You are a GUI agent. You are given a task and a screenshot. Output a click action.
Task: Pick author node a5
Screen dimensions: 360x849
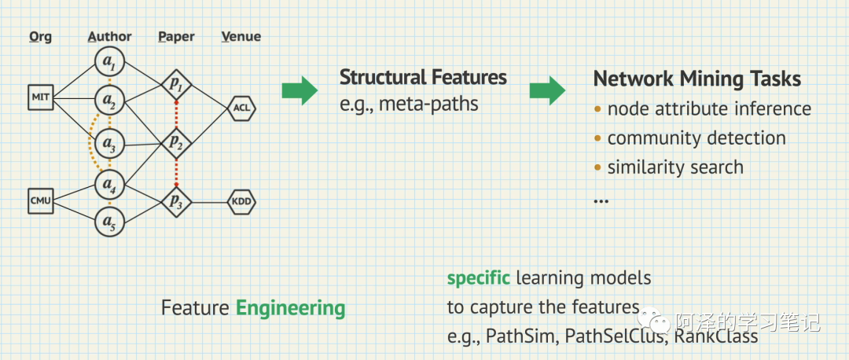(x=109, y=223)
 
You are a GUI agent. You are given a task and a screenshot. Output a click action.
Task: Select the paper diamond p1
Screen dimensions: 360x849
(x=176, y=83)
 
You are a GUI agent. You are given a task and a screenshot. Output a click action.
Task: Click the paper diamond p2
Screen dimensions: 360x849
(x=176, y=141)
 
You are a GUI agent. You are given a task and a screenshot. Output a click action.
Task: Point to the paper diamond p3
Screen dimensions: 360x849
(x=176, y=202)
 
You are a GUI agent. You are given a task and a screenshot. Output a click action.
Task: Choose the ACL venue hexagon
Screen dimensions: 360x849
(x=241, y=108)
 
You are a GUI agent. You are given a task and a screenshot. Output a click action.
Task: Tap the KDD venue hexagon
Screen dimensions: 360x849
(x=241, y=202)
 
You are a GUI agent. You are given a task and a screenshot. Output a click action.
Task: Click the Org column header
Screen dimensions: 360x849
(x=40, y=36)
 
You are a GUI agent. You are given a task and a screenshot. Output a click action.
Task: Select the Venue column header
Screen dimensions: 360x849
(x=241, y=36)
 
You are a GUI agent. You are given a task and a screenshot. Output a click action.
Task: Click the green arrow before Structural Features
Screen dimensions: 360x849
(x=300, y=90)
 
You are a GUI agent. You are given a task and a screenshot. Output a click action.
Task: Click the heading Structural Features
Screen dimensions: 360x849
(x=423, y=77)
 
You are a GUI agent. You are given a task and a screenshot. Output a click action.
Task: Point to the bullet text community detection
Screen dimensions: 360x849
(x=696, y=138)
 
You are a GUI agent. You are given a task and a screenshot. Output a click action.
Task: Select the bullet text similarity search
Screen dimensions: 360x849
(x=675, y=167)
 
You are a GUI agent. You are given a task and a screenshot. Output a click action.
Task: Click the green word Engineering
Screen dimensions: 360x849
(x=290, y=307)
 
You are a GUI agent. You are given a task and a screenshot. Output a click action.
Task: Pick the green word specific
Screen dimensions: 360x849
(x=479, y=277)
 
